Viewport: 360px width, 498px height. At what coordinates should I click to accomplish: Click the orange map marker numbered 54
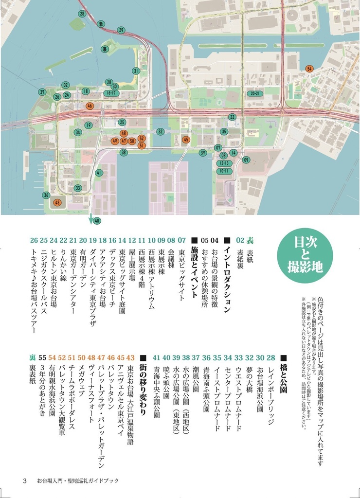309,69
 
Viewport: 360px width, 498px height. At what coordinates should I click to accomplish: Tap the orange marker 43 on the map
57,202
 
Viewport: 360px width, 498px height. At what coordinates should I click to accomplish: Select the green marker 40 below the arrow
97,221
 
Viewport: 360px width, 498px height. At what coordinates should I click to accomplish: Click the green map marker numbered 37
42,92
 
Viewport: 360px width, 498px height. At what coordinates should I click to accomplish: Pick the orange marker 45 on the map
185,140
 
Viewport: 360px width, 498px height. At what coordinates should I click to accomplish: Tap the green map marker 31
136,71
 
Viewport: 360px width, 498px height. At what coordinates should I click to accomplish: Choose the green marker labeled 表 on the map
101,23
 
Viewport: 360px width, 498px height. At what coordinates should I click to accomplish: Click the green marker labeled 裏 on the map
105,49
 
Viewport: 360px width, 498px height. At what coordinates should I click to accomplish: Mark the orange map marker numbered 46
90,106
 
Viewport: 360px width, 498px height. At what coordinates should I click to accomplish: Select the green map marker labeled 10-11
224,171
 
